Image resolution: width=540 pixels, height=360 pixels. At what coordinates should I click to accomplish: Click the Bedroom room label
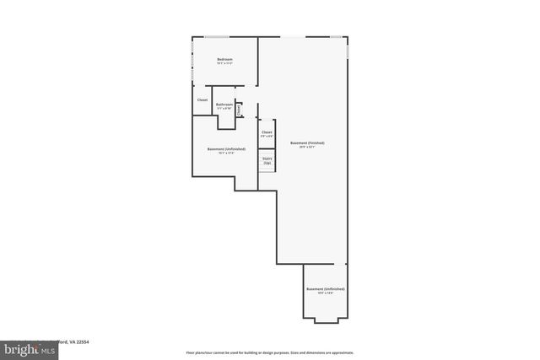(x=224, y=58)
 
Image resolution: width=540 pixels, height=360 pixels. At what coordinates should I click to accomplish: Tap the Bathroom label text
(x=224, y=104)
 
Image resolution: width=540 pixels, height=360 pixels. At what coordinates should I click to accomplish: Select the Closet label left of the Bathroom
(x=202, y=100)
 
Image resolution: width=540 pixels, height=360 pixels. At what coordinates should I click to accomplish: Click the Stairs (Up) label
(x=267, y=159)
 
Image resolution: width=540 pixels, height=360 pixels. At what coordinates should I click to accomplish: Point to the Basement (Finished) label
(x=307, y=142)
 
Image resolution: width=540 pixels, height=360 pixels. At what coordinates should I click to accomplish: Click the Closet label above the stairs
(x=267, y=132)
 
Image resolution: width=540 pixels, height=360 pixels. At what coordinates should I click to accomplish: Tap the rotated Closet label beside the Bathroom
(x=239, y=109)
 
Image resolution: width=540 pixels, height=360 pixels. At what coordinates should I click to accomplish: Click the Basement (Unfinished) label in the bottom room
(x=325, y=289)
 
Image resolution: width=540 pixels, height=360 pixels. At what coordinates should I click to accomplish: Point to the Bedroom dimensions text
(x=224, y=62)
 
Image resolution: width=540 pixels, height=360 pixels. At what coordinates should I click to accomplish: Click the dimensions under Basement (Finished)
(x=307, y=147)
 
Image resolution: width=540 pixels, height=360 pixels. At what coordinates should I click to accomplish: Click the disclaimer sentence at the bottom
(x=270, y=352)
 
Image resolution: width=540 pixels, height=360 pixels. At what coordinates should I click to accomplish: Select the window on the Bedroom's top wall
(x=217, y=37)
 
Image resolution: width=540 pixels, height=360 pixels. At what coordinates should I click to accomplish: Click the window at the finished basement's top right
(x=335, y=37)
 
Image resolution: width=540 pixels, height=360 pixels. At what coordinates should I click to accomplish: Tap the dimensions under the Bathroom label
(x=224, y=108)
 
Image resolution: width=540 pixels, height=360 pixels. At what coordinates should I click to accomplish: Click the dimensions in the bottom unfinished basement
(x=325, y=293)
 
